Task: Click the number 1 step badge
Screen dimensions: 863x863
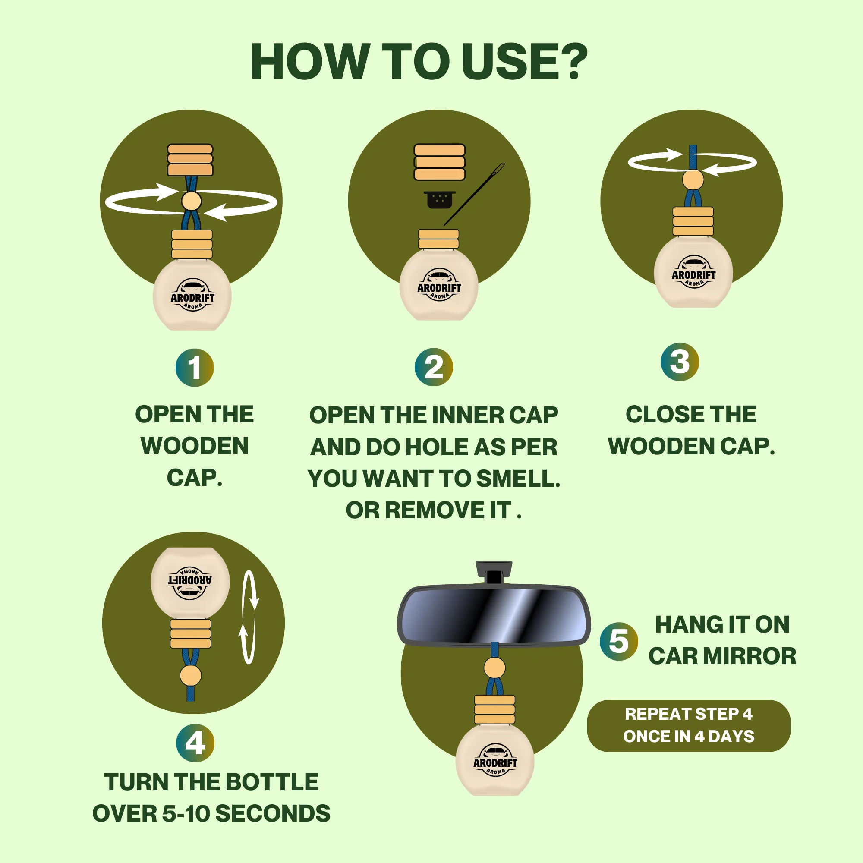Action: [194, 368]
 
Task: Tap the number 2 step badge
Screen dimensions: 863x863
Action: [434, 368]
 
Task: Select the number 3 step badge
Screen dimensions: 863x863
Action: [680, 362]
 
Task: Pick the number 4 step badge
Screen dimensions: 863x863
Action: [195, 743]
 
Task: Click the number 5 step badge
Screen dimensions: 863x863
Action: [619, 642]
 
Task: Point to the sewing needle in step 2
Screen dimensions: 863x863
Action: [474, 194]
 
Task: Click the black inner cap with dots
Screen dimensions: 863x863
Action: [440, 200]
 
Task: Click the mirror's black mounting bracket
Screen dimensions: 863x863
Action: [494, 572]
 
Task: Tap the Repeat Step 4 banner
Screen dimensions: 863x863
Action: [689, 726]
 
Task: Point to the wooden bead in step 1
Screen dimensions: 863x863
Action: [191, 201]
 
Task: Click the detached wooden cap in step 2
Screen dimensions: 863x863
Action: [440, 162]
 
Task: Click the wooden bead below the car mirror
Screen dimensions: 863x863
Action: [494, 668]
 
